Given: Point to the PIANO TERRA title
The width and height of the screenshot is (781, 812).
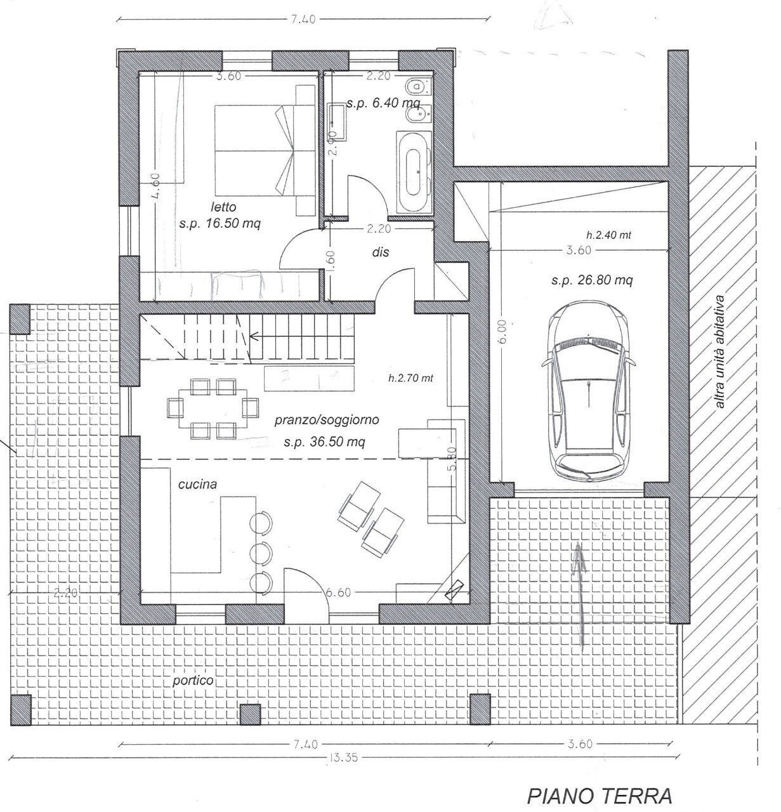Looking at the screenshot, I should point(600,795).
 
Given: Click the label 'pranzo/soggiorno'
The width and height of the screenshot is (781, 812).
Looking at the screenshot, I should point(327,420).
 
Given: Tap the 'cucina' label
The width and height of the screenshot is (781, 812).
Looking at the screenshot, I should point(197,484).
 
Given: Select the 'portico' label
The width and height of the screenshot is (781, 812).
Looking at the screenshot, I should point(193,681).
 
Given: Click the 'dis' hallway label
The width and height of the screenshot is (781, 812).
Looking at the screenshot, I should point(381,252).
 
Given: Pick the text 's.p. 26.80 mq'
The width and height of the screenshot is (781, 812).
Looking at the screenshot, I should point(591,280).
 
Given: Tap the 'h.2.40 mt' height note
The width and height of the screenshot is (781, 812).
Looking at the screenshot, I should point(608,235).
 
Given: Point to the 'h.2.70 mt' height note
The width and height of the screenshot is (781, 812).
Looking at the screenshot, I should point(410,378).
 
